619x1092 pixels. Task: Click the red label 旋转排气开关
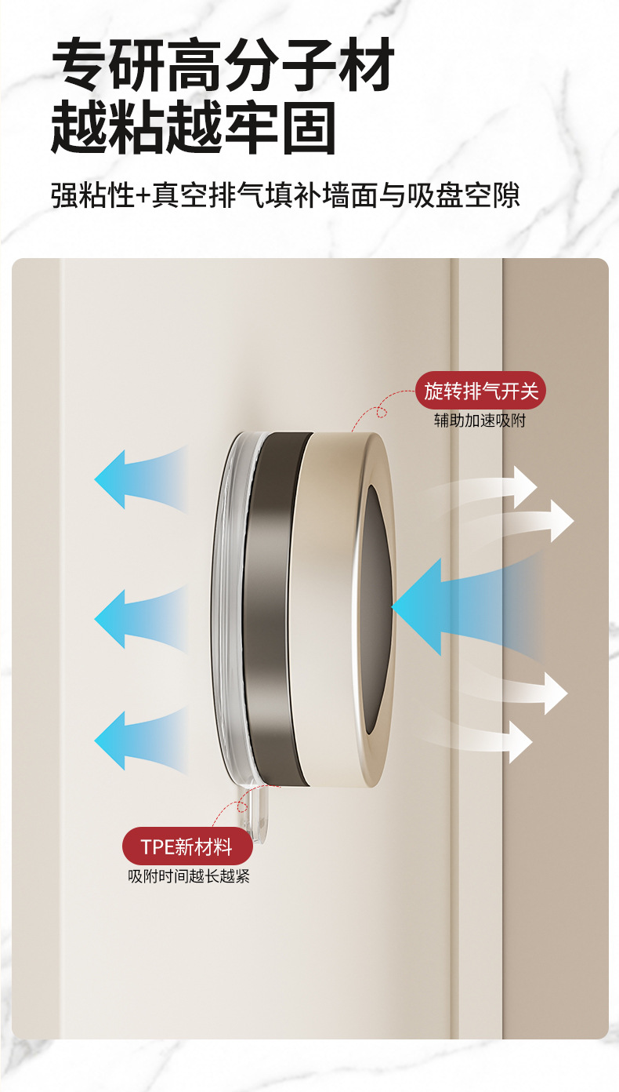tap(480, 391)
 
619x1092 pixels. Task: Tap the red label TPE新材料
tap(187, 846)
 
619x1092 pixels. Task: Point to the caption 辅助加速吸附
tap(480, 420)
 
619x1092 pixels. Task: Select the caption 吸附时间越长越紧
tap(189, 876)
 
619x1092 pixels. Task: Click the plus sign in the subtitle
tap(142, 195)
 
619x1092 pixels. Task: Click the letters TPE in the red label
tap(157, 847)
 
